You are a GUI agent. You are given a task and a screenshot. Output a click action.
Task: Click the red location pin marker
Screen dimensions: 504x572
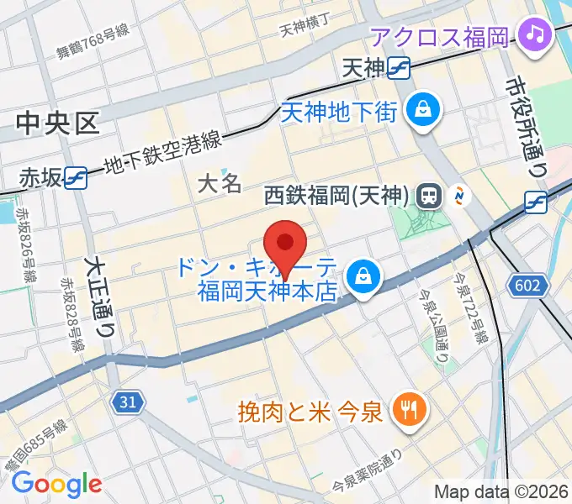point(285,244)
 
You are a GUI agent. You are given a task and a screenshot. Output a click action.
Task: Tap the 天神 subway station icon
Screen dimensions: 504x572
point(399,69)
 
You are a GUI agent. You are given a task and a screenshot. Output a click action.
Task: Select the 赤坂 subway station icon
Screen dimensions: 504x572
point(76,177)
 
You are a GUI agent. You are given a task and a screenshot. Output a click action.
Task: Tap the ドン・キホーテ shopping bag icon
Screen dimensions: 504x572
point(364,276)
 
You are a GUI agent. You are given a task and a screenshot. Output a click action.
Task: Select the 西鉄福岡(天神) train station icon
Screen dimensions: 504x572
point(428,197)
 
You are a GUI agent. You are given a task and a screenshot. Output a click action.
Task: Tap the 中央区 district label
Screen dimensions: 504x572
point(57,125)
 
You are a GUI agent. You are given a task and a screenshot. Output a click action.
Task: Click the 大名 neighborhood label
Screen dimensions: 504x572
point(220,184)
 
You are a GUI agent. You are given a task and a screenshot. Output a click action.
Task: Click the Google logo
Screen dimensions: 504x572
point(56,484)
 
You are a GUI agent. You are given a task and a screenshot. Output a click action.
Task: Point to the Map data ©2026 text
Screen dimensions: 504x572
point(500,491)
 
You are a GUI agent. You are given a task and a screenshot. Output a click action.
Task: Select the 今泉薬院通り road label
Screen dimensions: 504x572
point(368,475)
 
